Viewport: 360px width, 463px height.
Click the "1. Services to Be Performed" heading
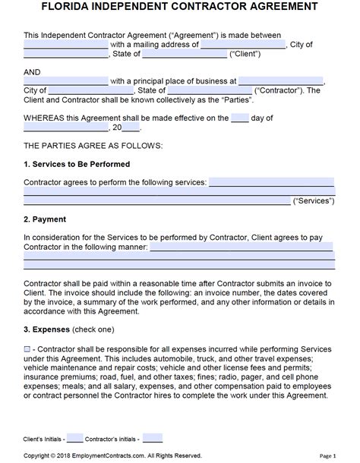(77, 164)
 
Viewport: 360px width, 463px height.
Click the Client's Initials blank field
(75, 437)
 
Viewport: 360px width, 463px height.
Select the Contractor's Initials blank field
(153, 437)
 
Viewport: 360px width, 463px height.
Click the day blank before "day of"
(239, 118)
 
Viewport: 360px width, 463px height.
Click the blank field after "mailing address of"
(243, 44)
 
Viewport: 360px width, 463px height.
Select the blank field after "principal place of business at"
(280, 80)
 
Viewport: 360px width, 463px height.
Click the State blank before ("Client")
(195, 54)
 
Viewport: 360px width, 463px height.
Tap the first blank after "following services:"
(270, 182)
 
